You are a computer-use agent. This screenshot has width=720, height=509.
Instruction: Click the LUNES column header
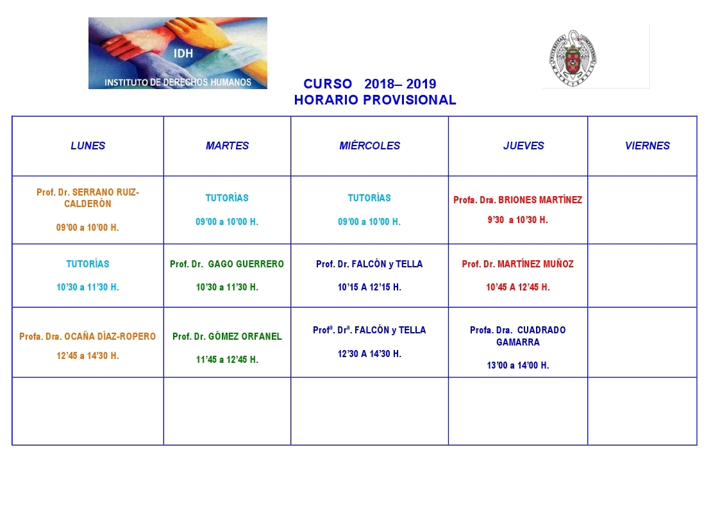(88, 146)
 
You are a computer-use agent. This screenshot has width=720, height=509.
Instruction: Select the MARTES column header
(228, 146)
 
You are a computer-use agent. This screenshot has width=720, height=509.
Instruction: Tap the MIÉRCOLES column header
(370, 146)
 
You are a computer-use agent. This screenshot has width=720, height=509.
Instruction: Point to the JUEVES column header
(523, 146)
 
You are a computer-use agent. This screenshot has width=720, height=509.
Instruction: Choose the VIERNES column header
(648, 146)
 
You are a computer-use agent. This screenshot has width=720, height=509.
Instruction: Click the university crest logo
(573, 58)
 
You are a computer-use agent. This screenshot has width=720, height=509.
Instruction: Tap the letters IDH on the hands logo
(183, 54)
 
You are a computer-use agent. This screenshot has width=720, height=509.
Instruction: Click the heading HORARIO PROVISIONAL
(375, 100)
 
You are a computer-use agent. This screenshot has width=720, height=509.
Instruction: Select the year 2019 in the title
(421, 84)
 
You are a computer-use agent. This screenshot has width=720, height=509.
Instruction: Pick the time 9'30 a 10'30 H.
(517, 220)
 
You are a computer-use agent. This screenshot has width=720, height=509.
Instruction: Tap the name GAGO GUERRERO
(246, 264)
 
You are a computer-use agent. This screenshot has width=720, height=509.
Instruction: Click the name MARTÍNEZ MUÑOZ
(536, 264)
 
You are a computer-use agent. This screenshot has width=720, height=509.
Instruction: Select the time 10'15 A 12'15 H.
(370, 287)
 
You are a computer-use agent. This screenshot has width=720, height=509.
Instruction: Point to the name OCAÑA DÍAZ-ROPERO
(110, 337)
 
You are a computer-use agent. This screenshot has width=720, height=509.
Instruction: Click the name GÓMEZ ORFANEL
(245, 337)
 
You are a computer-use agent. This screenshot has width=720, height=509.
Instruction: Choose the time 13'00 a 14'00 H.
(518, 365)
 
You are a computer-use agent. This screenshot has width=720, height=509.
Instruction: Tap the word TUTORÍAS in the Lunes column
(88, 264)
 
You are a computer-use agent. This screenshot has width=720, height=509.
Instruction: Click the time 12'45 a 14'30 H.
(88, 356)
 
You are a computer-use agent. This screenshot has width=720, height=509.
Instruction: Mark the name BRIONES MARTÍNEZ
(540, 199)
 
